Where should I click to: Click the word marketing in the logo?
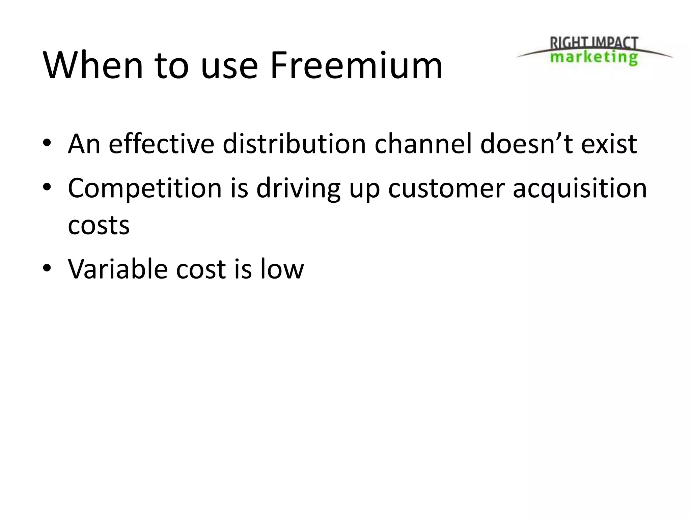tap(594, 57)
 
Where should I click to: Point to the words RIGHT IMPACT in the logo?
tap(594, 44)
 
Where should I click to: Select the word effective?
tap(161, 144)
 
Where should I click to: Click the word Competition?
tap(145, 188)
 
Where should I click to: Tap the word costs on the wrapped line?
tap(99, 225)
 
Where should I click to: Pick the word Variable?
tap(118, 269)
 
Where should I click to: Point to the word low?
tap(282, 269)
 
